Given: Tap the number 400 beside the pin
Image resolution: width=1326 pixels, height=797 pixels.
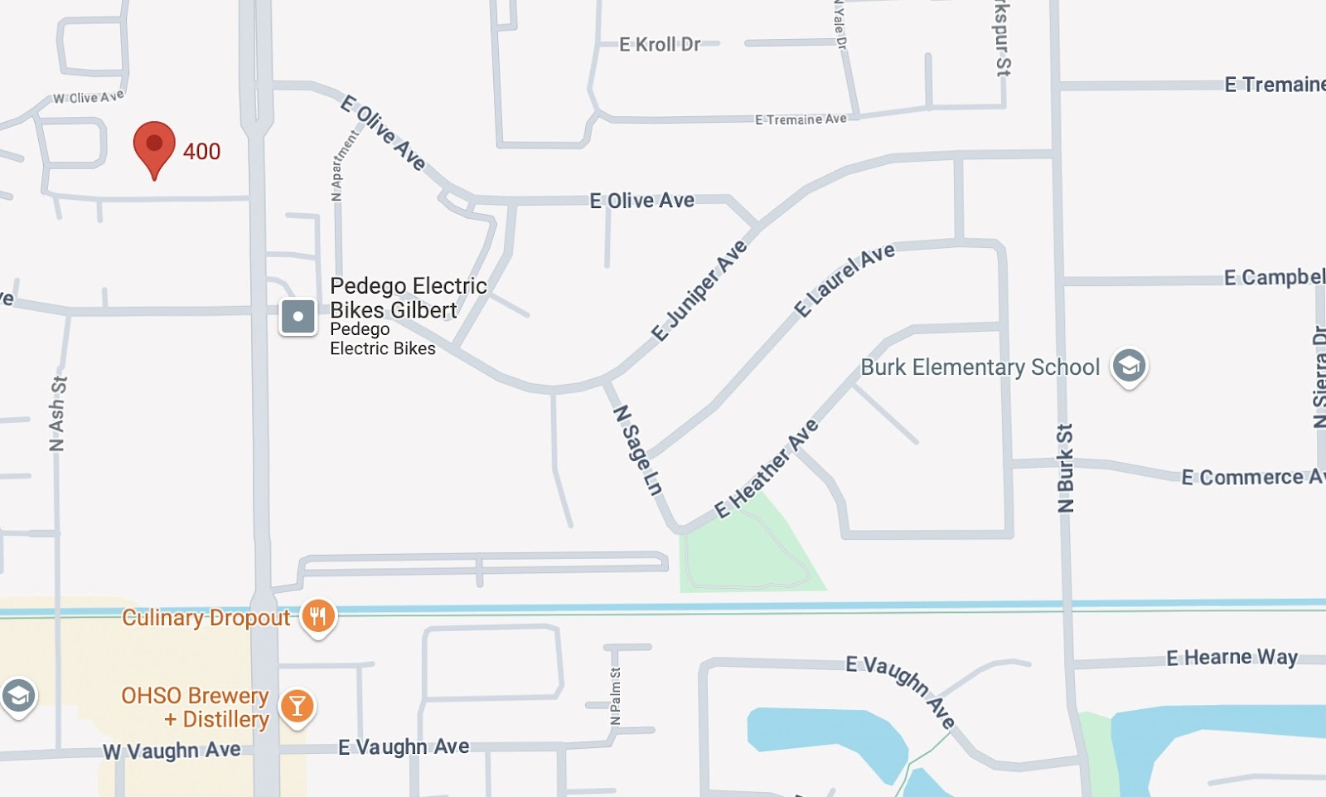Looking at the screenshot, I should click(201, 152).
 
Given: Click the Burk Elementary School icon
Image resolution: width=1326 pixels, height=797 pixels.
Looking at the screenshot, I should click(1129, 366).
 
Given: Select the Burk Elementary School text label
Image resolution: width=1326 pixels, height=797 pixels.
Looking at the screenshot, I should click(980, 367).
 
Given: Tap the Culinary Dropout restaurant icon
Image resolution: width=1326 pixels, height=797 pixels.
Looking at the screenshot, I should click(318, 617).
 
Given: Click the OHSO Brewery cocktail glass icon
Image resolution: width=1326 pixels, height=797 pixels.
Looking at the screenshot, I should click(297, 707).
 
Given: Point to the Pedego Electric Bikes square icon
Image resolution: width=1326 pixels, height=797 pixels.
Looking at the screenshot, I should click(298, 316).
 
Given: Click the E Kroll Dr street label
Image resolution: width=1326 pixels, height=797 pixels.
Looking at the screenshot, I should click(660, 45).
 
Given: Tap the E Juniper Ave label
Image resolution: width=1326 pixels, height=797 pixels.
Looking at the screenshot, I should click(699, 291).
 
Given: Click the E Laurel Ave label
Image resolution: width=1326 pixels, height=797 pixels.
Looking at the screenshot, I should click(844, 279).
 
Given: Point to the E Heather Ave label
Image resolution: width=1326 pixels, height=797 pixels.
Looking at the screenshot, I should click(767, 469).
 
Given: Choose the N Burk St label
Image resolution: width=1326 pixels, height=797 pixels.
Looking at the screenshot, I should click(1065, 468).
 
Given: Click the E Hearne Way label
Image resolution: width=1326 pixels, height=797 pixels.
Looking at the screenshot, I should click(1232, 658).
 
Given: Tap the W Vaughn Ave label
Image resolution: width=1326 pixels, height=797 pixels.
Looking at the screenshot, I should click(172, 751).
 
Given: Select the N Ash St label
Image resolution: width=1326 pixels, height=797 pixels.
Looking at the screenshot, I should click(57, 414).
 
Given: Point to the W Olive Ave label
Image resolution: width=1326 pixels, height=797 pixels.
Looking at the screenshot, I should click(89, 98).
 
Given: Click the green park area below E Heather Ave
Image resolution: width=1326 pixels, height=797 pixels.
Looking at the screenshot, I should click(746, 552).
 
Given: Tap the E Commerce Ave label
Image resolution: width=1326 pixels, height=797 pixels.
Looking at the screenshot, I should click(1251, 478).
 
